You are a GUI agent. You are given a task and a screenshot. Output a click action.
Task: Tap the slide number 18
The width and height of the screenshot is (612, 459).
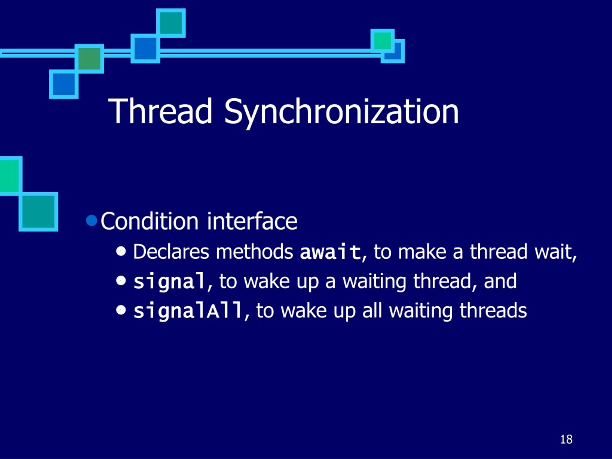(x=566, y=439)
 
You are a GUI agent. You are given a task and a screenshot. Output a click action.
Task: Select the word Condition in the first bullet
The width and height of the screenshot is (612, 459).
(x=149, y=221)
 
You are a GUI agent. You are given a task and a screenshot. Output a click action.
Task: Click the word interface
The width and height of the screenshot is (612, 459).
(x=252, y=221)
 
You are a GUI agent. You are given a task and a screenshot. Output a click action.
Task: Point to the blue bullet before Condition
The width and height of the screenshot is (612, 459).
(x=92, y=220)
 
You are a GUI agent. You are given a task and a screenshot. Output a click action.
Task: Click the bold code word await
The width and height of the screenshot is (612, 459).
(x=330, y=252)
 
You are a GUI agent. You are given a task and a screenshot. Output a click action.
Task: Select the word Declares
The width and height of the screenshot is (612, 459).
(x=171, y=252)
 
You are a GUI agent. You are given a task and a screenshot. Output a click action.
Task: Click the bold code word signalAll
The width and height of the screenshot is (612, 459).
(x=188, y=311)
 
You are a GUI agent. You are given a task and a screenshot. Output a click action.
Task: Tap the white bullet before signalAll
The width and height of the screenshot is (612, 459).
(x=121, y=310)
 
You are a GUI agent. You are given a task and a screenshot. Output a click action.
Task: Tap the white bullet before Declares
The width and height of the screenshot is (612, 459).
(x=121, y=251)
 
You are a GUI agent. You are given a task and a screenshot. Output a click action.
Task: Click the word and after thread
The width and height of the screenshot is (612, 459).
(x=500, y=281)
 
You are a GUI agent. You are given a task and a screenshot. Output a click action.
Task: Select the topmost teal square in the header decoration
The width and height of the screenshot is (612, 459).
(x=171, y=23)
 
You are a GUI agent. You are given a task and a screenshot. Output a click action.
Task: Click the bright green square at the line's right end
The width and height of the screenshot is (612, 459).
(x=382, y=41)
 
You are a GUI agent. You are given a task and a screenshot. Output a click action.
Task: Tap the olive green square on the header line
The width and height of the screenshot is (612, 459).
(x=89, y=58)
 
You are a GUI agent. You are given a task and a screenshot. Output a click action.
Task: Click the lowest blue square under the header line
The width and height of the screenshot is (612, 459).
(x=64, y=84)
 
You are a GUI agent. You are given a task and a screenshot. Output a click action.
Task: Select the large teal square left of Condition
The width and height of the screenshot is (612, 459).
(x=38, y=212)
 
